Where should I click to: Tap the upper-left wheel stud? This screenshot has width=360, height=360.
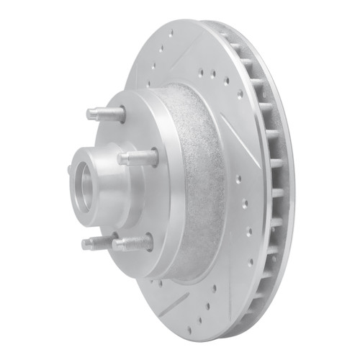(104, 114)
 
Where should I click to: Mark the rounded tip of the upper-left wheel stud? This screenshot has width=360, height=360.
(90, 113)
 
